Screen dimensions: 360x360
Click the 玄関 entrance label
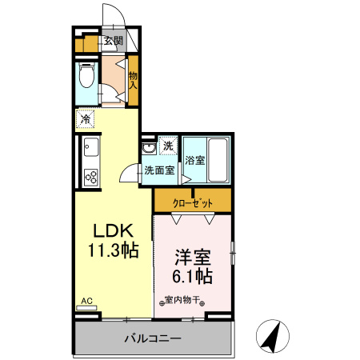[113, 41]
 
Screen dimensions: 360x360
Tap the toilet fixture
[86, 78]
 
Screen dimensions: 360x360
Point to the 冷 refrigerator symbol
[86, 120]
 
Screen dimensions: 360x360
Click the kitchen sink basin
[90, 147]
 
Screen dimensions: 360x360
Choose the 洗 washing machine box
[167, 146]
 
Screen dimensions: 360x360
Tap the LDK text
[113, 229]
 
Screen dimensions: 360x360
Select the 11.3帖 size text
[113, 249]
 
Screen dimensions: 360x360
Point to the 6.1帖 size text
[193, 278]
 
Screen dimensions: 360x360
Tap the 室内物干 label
[184, 302]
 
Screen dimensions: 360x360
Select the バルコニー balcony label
[152, 339]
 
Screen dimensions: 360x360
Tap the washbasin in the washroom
[148, 148]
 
